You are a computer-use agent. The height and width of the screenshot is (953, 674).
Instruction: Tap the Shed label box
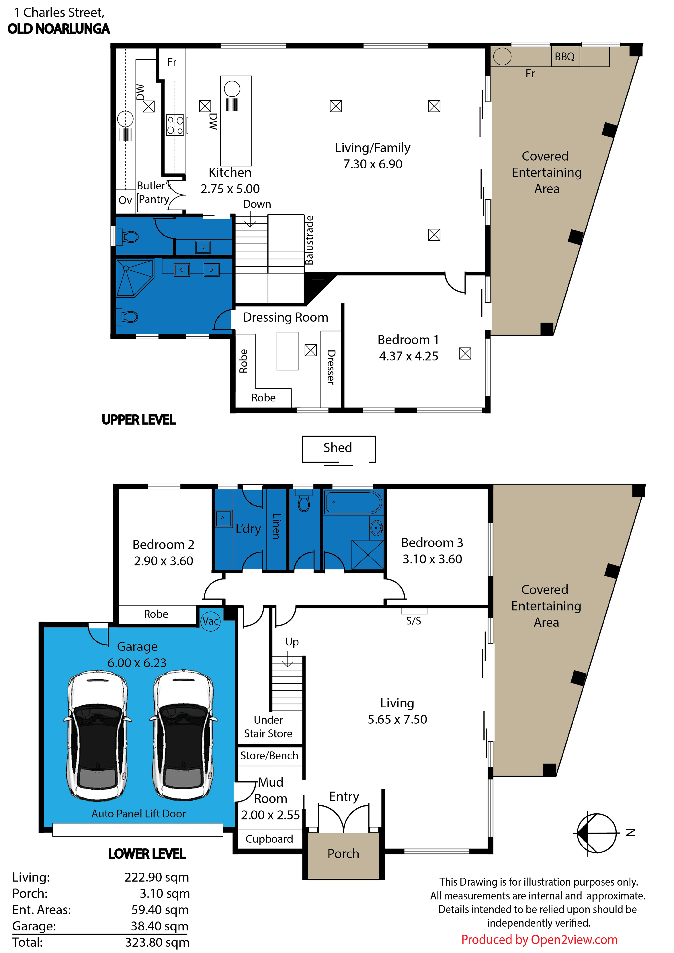(339, 449)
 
